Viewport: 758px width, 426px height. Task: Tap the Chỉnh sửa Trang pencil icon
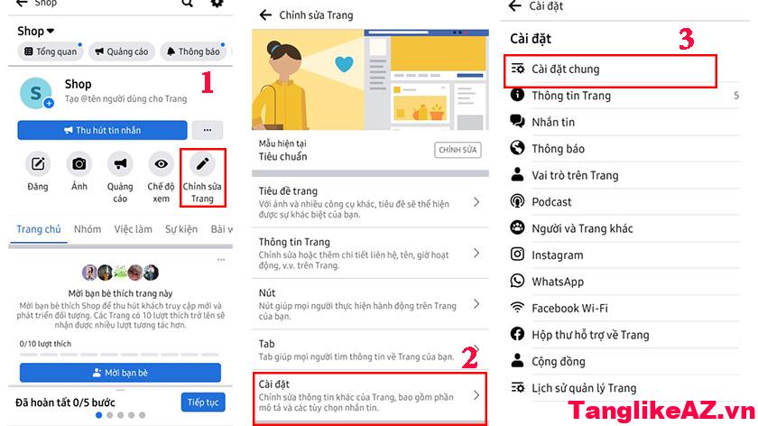click(x=202, y=163)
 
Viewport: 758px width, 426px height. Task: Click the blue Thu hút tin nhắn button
click(x=102, y=130)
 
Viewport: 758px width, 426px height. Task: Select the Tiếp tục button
click(x=203, y=403)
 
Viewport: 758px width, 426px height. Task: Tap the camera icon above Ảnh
click(x=79, y=163)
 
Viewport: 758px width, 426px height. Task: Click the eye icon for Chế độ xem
click(x=161, y=163)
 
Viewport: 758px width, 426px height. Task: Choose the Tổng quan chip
click(x=51, y=51)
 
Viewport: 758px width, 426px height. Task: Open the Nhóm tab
click(x=88, y=229)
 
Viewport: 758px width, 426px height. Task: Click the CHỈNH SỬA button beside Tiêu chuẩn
click(x=458, y=150)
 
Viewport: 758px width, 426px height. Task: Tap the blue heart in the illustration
click(x=344, y=64)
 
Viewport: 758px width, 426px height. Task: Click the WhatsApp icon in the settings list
click(x=517, y=281)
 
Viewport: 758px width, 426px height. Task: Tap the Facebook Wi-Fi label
click(x=569, y=308)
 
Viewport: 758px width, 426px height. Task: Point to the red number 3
click(x=687, y=39)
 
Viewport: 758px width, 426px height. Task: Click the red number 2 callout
click(x=469, y=357)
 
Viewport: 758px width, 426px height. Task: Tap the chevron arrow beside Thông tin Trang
click(x=476, y=253)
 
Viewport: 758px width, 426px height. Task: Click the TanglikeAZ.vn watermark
click(x=661, y=411)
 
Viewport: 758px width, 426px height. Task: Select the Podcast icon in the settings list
click(x=517, y=201)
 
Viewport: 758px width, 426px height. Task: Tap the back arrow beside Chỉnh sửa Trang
click(x=265, y=15)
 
